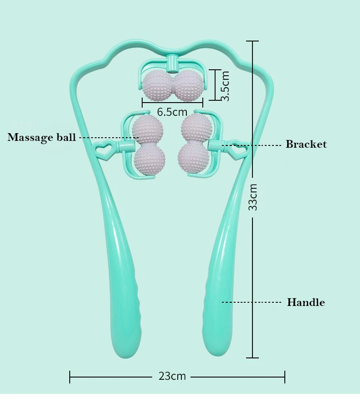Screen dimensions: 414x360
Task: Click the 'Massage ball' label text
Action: [x=41, y=137]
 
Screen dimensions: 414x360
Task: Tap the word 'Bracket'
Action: [x=306, y=145]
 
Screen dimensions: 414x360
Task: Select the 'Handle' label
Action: [x=305, y=302]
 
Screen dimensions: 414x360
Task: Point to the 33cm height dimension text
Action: [x=253, y=197]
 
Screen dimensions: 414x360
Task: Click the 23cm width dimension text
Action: [x=172, y=376]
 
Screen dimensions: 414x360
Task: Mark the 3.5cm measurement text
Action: [x=225, y=86]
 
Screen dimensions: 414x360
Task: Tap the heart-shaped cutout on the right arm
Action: [x=236, y=149]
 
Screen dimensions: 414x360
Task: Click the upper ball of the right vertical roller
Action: [x=195, y=127]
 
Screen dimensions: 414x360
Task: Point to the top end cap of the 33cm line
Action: [x=252, y=41]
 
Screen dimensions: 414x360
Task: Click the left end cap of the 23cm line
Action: [x=70, y=377]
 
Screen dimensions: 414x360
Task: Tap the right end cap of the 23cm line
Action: [x=285, y=377]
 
